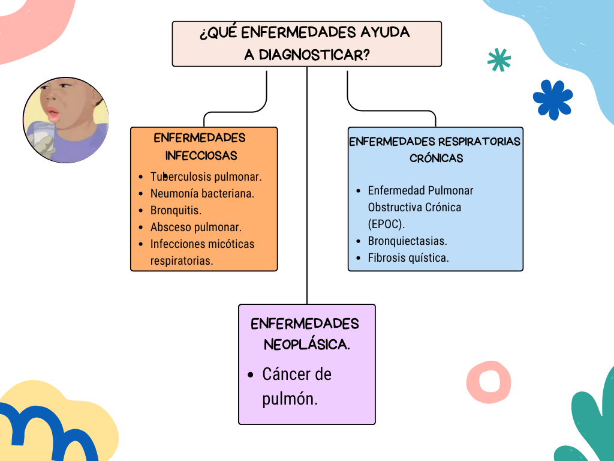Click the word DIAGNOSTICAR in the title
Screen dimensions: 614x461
(314, 55)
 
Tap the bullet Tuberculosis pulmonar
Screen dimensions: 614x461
(206, 177)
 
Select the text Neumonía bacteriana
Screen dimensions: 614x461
(202, 194)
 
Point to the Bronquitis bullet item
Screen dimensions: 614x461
(176, 211)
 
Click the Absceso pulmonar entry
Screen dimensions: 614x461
(196, 227)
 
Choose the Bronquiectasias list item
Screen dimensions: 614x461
(407, 241)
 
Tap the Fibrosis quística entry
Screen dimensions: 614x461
(408, 258)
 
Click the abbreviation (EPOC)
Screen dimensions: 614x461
(386, 224)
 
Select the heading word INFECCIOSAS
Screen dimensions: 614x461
(201, 155)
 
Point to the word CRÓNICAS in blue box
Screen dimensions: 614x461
(437, 158)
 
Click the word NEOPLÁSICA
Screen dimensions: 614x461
(306, 345)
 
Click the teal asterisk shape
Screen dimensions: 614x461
(499, 60)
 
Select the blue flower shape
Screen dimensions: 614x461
(553, 100)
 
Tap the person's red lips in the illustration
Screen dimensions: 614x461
(53, 113)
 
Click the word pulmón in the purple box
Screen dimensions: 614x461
(290, 399)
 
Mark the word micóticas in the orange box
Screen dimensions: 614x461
(231, 244)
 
